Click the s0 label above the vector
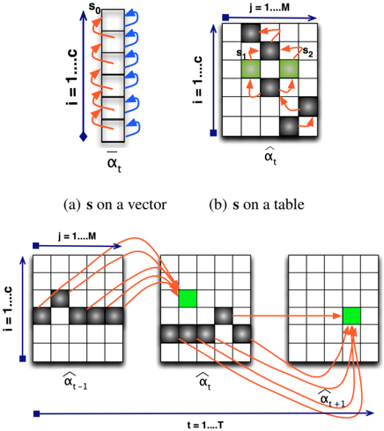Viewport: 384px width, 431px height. (94, 7)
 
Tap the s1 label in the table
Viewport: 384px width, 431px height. (241, 53)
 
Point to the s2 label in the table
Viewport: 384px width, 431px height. (307, 52)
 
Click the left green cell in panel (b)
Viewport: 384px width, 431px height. (251, 69)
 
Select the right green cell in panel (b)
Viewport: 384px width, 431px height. (289, 69)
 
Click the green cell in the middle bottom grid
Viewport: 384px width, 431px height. (188, 299)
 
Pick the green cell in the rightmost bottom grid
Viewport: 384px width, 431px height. (351, 316)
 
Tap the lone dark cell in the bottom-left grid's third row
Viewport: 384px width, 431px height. (60, 299)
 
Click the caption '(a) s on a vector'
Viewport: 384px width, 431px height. (115, 204)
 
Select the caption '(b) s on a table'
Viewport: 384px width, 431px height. (256, 204)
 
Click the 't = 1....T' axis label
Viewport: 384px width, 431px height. (205, 425)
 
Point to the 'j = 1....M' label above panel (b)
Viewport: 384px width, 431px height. (270, 7)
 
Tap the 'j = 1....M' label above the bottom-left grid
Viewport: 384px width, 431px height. (77, 236)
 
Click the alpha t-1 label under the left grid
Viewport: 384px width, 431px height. (76, 381)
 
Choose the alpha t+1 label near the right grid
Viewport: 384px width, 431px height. (332, 398)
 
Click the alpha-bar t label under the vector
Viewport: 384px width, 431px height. (114, 162)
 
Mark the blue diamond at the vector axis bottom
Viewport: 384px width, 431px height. (84, 137)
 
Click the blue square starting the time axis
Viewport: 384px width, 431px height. (36, 413)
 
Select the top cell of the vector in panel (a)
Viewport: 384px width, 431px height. (113, 20)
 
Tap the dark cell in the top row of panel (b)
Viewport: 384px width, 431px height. (251, 33)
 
